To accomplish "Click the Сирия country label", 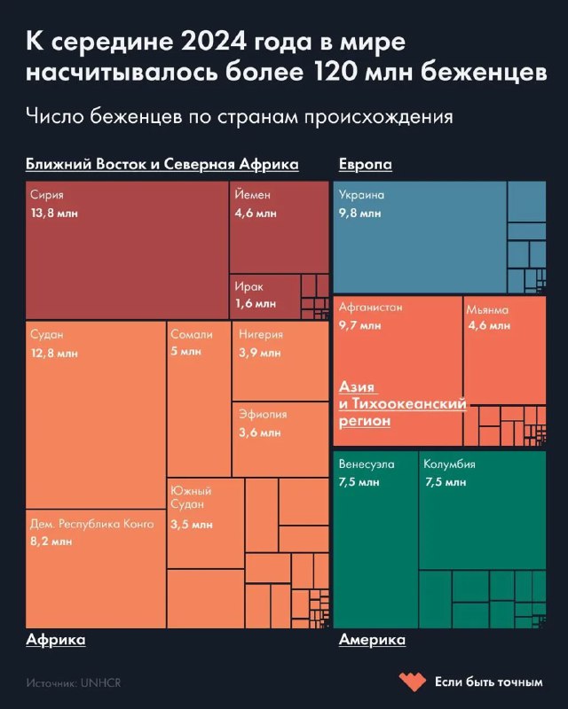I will tap(46, 195).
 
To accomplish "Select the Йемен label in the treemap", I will tap(253, 195).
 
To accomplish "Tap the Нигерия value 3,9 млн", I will tap(260, 354).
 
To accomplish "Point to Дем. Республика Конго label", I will tap(91, 524).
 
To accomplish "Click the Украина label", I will tap(362, 195).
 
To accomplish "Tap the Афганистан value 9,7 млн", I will tap(360, 326).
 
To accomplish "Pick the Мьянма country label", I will tap(488, 309).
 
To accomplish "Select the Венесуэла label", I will tap(367, 464).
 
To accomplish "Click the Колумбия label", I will tap(450, 464).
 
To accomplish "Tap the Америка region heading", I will tap(372, 639).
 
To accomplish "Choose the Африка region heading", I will tap(55, 639).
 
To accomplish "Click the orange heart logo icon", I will tap(411, 682).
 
